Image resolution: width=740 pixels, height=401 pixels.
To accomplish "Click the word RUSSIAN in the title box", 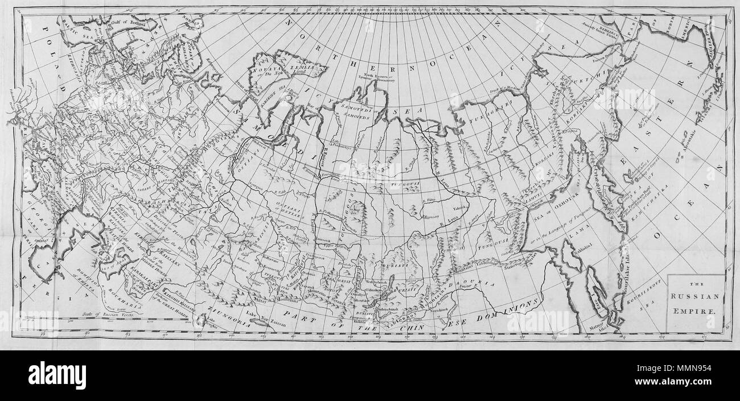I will point(696,296).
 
